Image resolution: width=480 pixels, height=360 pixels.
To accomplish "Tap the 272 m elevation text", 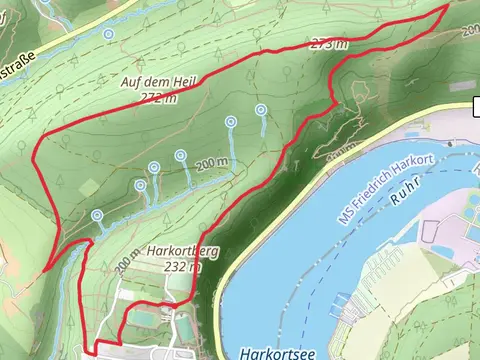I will [x=159, y=98].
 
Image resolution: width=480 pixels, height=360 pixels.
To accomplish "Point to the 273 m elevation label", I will [x=329, y=44].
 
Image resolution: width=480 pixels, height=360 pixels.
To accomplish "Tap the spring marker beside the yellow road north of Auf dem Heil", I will [x=108, y=34].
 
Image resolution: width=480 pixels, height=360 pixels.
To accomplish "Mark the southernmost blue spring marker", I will [x=97, y=215].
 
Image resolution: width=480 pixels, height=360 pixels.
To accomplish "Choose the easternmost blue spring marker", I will [x=261, y=109].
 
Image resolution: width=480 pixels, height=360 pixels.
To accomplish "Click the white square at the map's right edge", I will [x=476, y=108].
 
